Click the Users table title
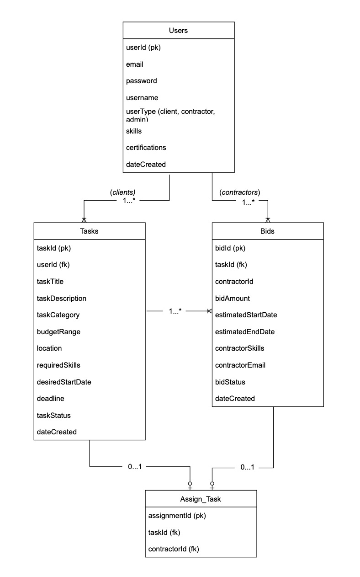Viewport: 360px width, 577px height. tap(178, 31)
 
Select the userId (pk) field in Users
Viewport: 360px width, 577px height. tap(143, 48)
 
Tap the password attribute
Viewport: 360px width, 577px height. tap(141, 81)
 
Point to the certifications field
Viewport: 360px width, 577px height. tap(146, 148)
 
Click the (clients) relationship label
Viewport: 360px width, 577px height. tap(122, 192)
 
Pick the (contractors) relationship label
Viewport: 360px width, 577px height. tap(240, 192)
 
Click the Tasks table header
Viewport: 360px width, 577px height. tap(89, 231)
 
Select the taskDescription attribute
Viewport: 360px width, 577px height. tap(61, 298)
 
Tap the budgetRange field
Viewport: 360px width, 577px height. tap(58, 331)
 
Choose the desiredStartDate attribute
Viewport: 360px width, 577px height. tap(64, 382)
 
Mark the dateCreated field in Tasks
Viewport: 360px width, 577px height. tap(57, 432)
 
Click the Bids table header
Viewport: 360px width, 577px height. tap(267, 231)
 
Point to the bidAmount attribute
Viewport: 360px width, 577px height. tap(232, 298)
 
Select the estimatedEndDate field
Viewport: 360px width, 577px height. tap(244, 331)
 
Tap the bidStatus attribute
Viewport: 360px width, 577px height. tap(230, 382)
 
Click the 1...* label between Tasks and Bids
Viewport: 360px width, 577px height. tap(175, 311)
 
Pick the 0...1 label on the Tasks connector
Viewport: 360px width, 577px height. tap(135, 467)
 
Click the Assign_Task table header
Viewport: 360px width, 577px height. tap(201, 499)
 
